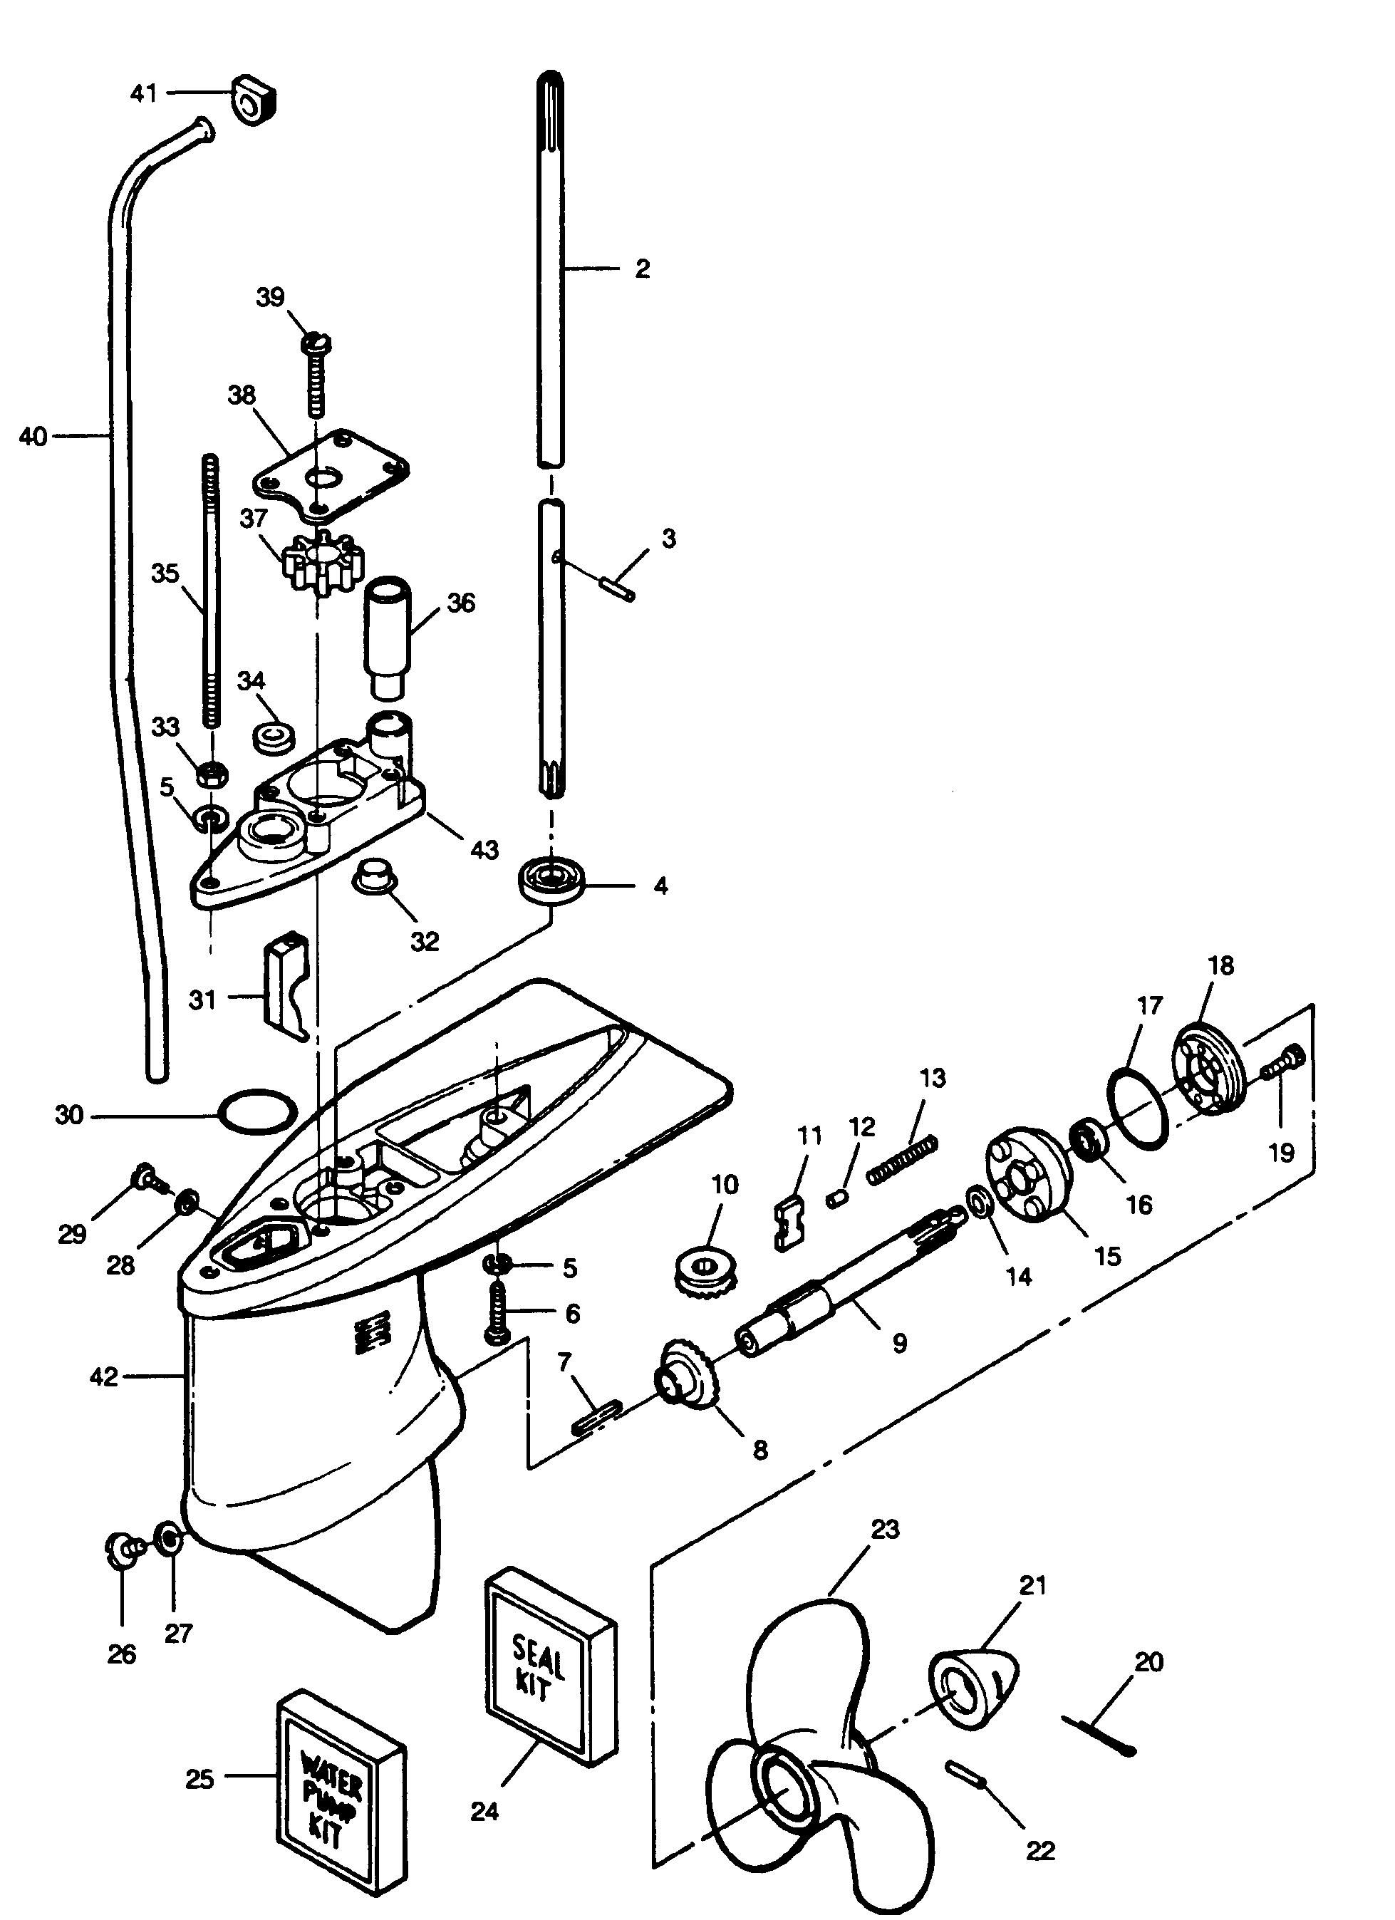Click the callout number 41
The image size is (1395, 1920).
pos(143,93)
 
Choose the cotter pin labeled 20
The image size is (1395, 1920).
pos(1099,1735)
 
